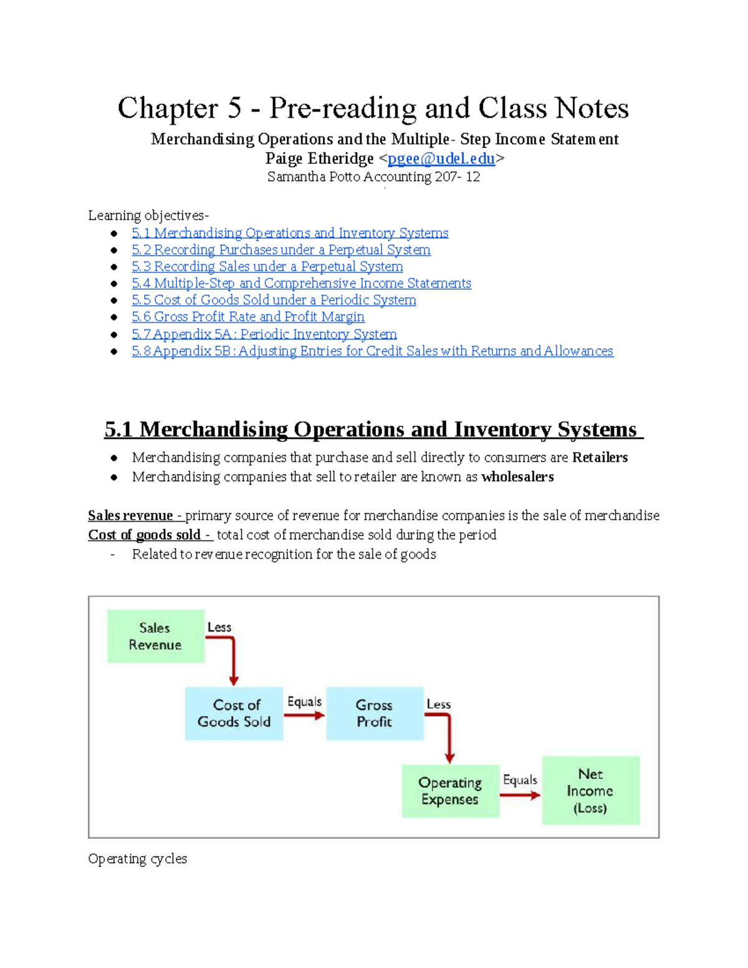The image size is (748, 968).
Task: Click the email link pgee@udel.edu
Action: point(441,159)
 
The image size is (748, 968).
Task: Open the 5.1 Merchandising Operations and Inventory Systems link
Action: point(290,233)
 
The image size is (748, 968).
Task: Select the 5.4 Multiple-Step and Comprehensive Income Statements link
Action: point(301,284)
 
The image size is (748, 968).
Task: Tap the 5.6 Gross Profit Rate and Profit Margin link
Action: point(247,317)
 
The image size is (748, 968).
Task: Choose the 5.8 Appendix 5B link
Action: point(372,351)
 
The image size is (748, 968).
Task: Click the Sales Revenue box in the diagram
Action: point(155,636)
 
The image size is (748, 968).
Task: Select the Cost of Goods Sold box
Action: point(234,714)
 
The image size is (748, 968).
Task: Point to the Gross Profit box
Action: point(374,714)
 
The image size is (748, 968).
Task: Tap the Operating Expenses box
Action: point(450,791)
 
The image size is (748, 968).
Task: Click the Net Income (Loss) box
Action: point(590,791)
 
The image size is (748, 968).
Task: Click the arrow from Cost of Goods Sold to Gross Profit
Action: point(304,716)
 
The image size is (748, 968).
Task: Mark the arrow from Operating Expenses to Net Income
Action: point(520,795)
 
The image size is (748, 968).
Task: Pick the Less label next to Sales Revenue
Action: point(219,628)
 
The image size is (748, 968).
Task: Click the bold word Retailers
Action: point(600,458)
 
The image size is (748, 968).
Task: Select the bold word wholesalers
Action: point(517,477)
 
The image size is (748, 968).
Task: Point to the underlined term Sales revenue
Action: point(130,515)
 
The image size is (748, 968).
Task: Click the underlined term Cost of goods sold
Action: point(144,535)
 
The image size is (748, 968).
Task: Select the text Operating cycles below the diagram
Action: point(137,859)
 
